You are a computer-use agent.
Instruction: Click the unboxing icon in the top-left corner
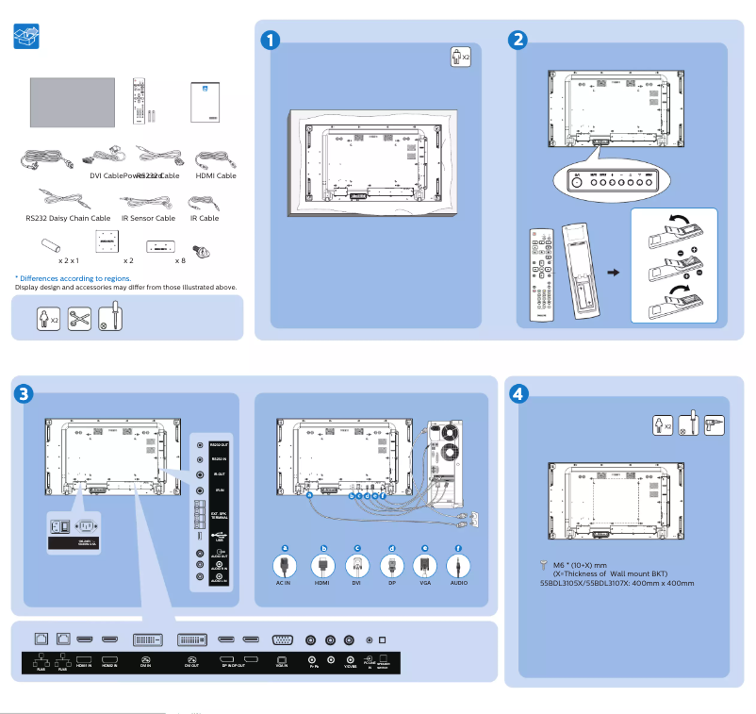[27, 39]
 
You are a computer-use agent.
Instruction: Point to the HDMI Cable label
[215, 175]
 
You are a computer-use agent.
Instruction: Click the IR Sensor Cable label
[148, 218]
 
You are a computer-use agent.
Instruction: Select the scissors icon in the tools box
[80, 318]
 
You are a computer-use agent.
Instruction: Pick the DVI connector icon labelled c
[356, 566]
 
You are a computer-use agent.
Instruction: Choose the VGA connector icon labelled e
[424, 566]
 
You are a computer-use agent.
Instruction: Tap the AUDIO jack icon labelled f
[458, 566]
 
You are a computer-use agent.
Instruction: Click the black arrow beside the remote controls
[614, 273]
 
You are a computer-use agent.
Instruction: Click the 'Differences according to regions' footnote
[73, 278]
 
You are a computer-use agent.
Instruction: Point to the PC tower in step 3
[442, 454]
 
